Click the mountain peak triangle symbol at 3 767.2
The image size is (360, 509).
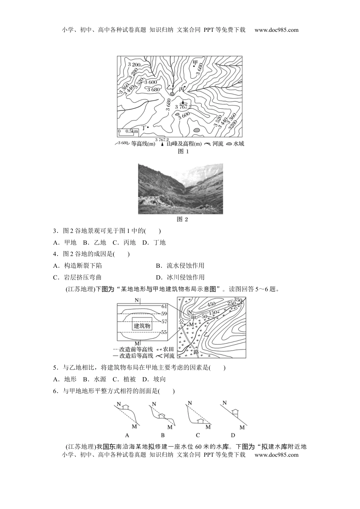183,102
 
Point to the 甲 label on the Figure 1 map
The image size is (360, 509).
195,62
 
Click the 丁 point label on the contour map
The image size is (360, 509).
144,127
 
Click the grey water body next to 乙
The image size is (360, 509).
172,94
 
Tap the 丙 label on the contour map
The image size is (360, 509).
181,90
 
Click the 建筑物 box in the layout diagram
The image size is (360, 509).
142,326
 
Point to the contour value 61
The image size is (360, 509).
164,306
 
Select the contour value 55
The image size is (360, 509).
164,332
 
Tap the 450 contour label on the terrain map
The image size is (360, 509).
211,304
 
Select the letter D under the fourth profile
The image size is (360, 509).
233,435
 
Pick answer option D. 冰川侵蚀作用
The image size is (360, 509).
180,277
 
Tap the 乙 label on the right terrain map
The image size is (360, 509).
207,334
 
